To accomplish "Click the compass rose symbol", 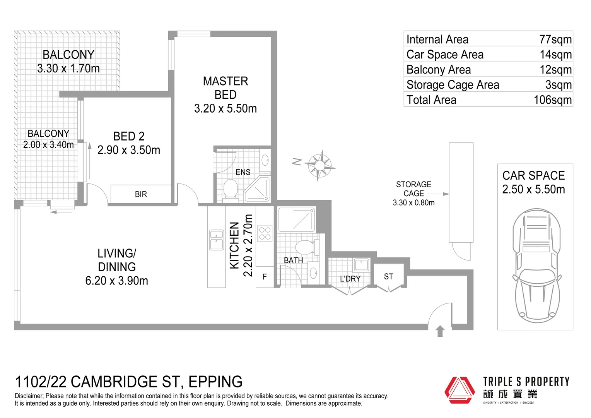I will [x=319, y=166].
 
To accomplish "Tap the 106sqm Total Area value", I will [x=552, y=100].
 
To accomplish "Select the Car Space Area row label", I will [x=445, y=55].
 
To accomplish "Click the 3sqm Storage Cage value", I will [x=559, y=85].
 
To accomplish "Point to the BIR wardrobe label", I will [x=141, y=194].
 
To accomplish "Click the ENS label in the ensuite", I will [x=243, y=172].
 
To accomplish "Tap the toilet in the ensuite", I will [x=231, y=189].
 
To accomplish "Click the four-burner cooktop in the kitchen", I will [x=265, y=233].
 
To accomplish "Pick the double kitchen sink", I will [x=216, y=240].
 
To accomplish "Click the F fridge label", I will [x=265, y=277].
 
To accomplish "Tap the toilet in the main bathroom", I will [x=304, y=246].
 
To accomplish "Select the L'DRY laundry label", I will [x=350, y=279].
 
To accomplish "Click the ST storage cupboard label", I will [x=388, y=276].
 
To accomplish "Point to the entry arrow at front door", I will [x=440, y=332].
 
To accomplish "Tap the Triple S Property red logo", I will [x=459, y=390].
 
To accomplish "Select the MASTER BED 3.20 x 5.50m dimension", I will [x=225, y=108].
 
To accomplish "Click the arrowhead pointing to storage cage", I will [x=446, y=194].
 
